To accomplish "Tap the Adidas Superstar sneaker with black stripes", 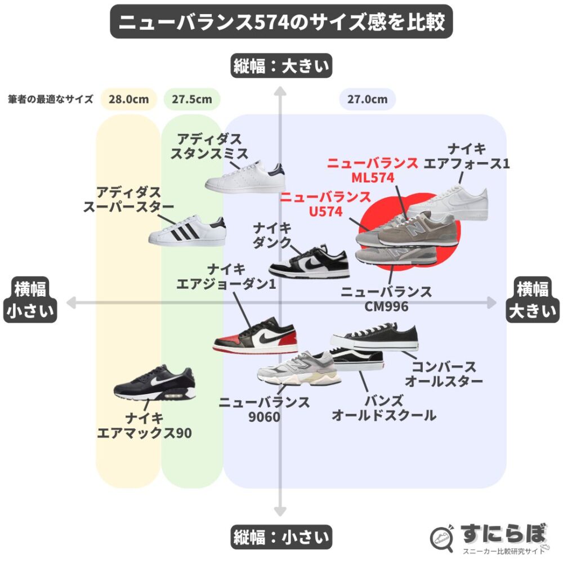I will tap(187, 231).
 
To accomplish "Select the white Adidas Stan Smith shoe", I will tap(245, 179).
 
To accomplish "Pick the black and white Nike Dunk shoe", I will tap(309, 263).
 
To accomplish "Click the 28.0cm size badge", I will tap(129, 100).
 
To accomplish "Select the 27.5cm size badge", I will tap(192, 100).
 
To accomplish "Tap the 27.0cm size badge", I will tap(367, 100).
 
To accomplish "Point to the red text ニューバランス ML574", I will tap(373, 171).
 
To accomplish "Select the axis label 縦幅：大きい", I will tap(281, 66).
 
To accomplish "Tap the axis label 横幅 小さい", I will tap(30, 300).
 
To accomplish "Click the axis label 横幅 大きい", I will tap(532, 300).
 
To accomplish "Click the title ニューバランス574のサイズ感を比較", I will tap(281, 22).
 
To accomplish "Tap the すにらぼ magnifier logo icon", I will tap(443, 538).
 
